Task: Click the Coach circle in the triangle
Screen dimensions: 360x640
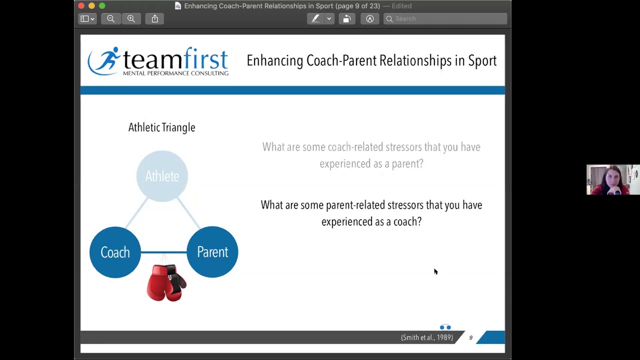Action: pos(115,252)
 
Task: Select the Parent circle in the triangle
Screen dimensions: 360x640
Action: pos(212,252)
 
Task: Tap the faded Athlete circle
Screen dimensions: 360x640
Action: pos(162,176)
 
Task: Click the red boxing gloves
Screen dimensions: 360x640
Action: pos(166,282)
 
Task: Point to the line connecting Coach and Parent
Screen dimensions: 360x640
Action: pos(163,252)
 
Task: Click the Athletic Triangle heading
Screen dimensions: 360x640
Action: pos(161,127)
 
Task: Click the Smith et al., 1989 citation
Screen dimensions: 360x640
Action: pos(426,337)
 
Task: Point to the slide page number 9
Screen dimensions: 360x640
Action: pos(470,337)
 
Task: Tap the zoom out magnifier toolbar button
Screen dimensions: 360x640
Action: pos(110,18)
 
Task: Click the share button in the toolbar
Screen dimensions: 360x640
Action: pos(155,18)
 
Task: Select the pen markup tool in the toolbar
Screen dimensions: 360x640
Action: pos(315,18)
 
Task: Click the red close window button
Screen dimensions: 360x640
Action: pos(81,6)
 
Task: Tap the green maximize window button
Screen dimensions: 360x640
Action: pos(102,6)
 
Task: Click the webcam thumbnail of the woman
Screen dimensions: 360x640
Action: pos(612,179)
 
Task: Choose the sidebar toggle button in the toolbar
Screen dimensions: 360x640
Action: pos(87,18)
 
